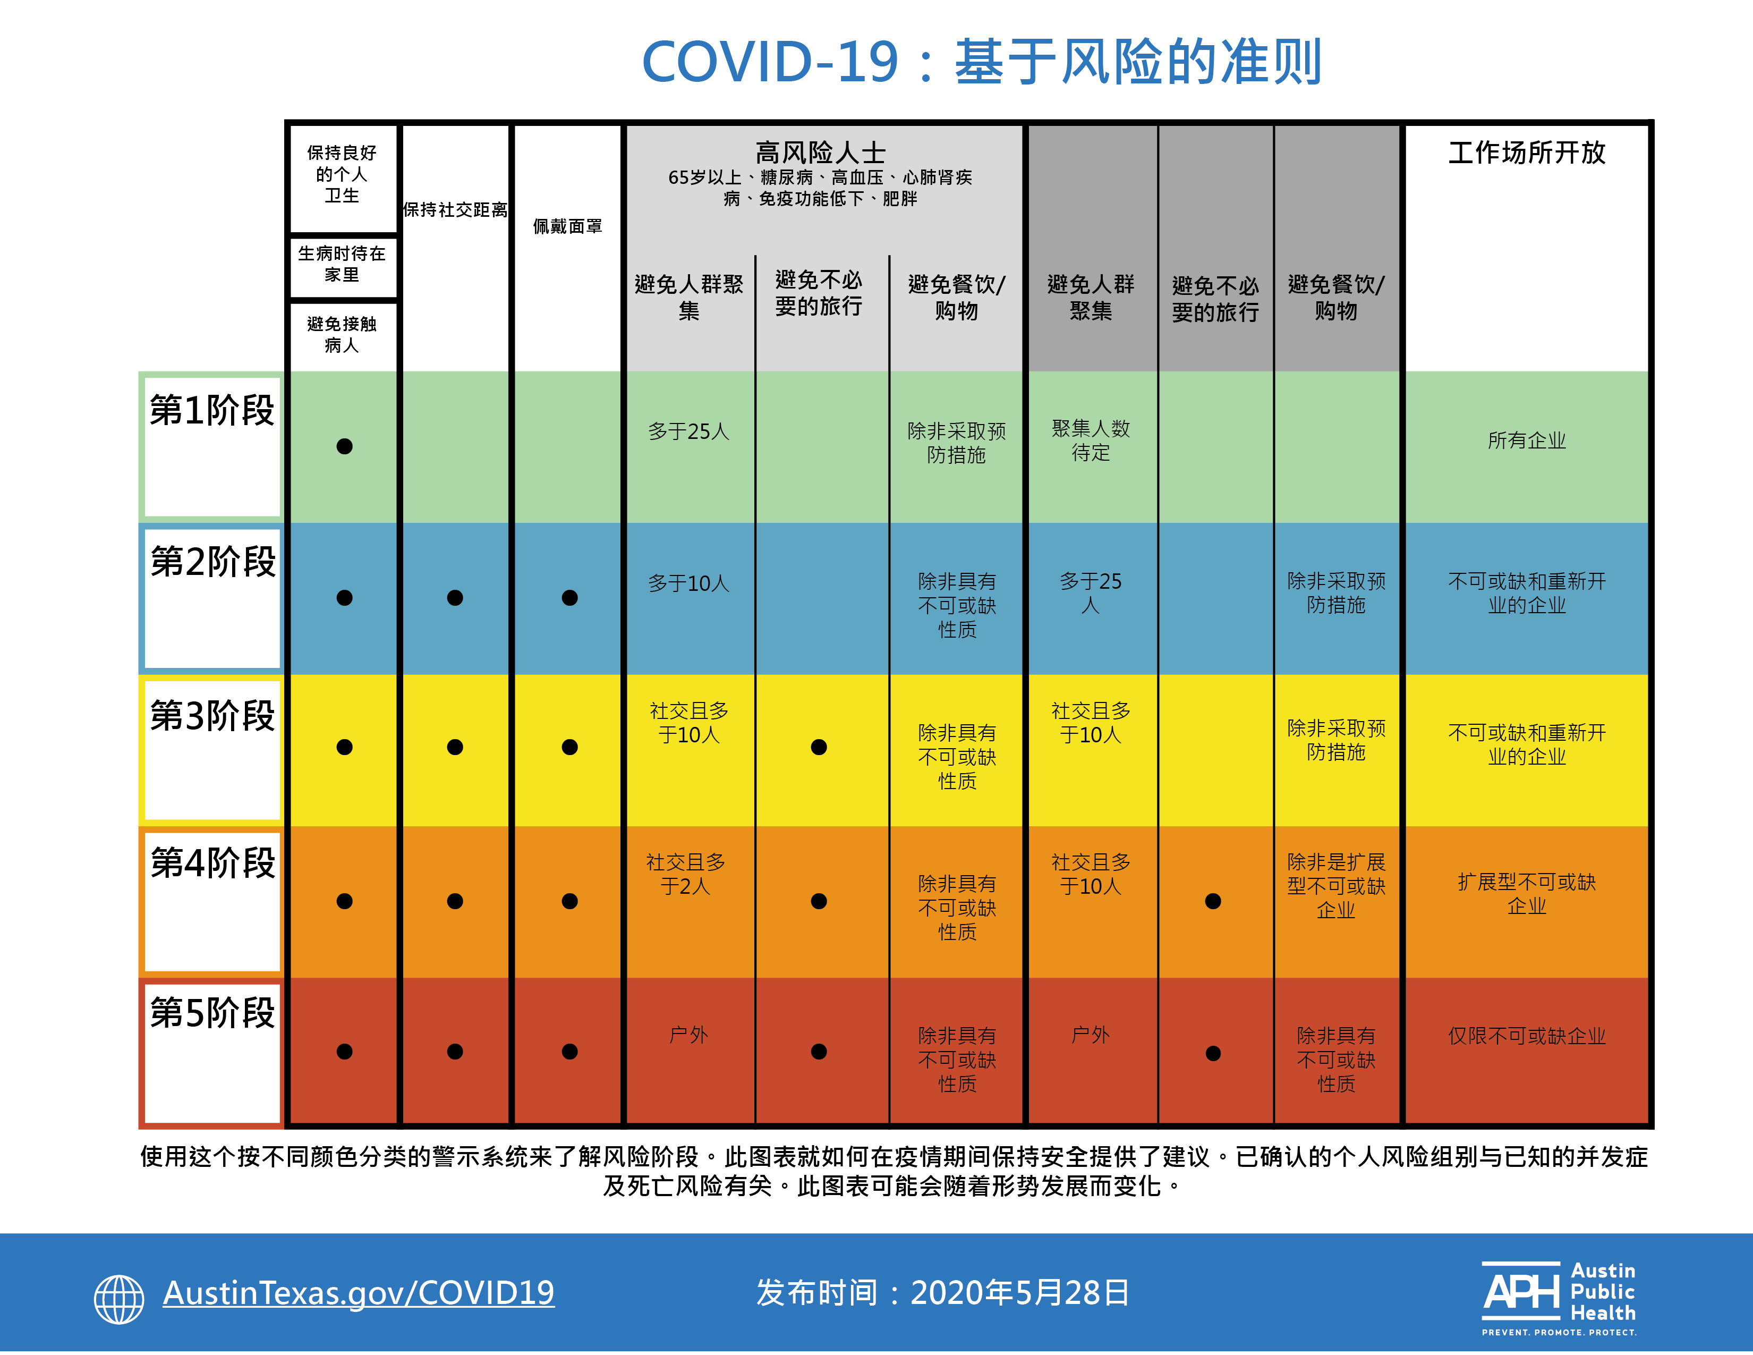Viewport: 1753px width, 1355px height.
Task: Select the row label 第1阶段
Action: tap(212, 411)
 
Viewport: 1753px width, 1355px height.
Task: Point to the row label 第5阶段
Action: tap(212, 1013)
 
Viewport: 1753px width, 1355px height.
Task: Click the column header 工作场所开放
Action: tap(1527, 153)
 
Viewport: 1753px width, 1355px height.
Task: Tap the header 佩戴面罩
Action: tap(567, 226)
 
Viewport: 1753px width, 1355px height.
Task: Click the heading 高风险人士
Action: tap(820, 152)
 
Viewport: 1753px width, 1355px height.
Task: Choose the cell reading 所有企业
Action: tap(1527, 440)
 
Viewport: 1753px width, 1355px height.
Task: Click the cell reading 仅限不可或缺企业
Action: tap(1527, 1036)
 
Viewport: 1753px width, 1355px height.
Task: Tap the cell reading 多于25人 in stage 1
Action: tap(688, 432)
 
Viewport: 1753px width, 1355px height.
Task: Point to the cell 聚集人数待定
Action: tap(1091, 441)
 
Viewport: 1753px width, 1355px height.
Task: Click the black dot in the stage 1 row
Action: tap(344, 446)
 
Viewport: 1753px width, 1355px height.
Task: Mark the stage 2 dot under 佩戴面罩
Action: tap(570, 597)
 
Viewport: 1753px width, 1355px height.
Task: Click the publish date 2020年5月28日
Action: tap(1019, 1292)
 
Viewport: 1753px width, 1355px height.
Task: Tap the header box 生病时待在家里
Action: tap(342, 264)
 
